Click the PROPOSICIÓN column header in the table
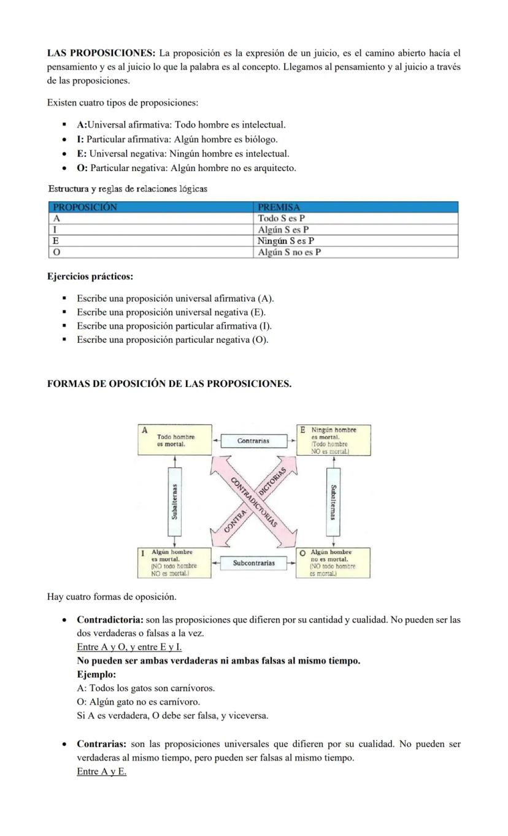click(85, 207)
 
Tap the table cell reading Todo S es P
click(281, 218)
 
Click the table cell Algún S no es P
click(290, 252)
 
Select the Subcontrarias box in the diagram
click(254, 562)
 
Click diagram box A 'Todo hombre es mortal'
click(175, 439)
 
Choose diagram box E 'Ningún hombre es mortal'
click(334, 439)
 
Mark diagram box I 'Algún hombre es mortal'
click(174, 562)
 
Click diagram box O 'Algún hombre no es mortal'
click(334, 562)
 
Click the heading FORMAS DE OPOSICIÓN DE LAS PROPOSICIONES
click(169, 384)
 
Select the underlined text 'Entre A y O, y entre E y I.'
click(129, 647)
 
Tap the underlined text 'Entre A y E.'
click(101, 772)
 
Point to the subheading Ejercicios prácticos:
click(90, 277)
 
